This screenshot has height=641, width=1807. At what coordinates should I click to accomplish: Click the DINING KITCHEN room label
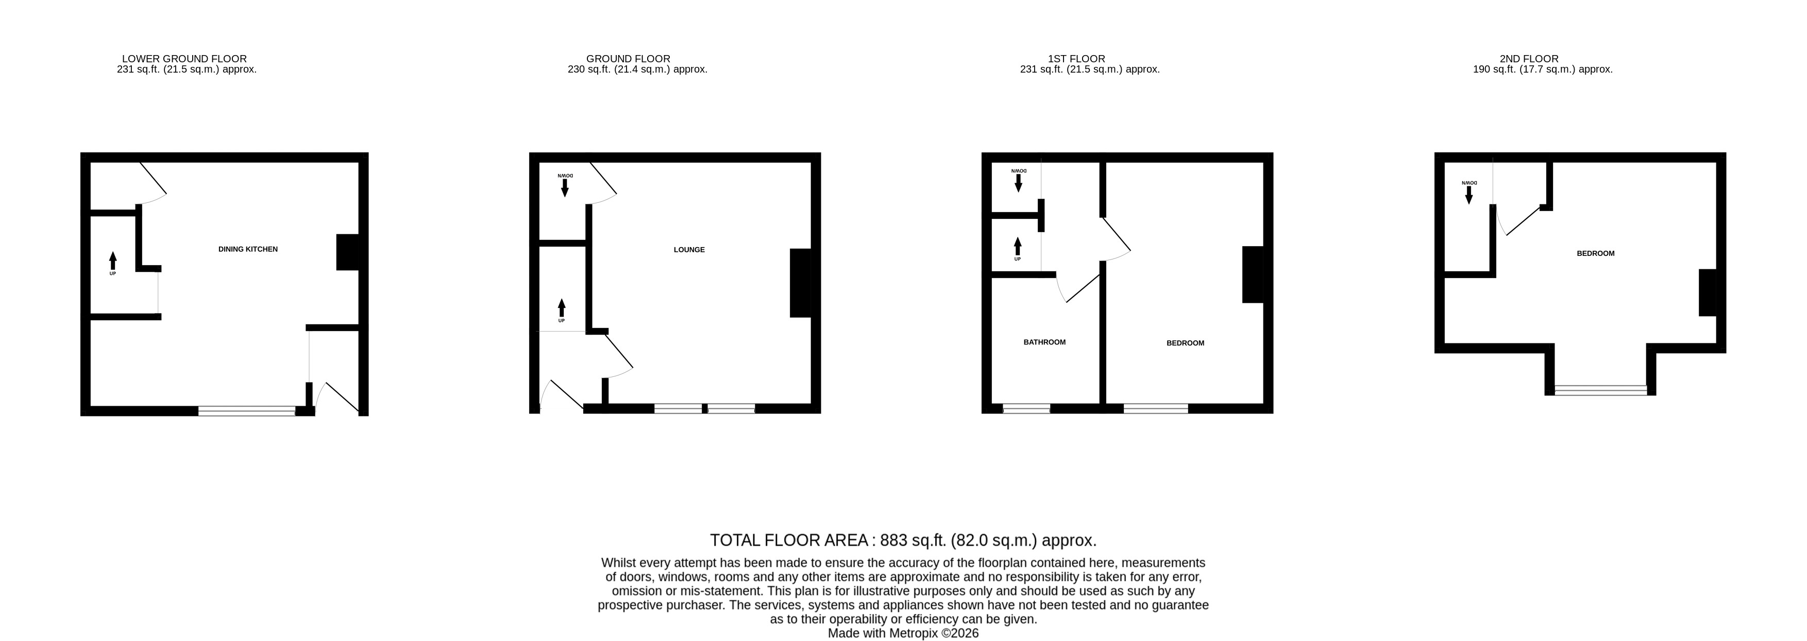point(248,249)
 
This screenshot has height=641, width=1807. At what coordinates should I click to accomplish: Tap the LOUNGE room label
point(689,250)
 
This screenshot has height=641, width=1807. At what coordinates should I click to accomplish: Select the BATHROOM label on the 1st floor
point(1044,342)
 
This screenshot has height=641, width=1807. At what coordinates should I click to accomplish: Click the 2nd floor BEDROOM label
point(1595,253)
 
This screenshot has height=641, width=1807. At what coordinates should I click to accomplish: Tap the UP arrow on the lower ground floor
point(113,261)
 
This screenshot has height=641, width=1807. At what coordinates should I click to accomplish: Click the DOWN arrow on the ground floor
point(565,188)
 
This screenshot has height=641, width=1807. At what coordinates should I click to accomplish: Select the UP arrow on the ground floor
point(561,308)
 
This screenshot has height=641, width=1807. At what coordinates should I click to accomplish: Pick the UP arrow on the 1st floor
point(1018,246)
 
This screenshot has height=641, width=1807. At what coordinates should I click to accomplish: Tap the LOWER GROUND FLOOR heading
point(184,59)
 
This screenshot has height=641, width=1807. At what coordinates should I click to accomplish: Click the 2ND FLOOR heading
point(1529,59)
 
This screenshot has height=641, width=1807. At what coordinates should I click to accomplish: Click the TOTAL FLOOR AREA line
point(903,540)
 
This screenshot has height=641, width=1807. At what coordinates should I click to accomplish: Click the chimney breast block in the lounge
point(800,283)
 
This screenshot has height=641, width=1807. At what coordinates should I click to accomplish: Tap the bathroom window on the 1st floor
point(1026,408)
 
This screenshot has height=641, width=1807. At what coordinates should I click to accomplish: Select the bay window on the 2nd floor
point(1601,390)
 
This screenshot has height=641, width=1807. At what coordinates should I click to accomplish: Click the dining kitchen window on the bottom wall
point(247,411)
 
